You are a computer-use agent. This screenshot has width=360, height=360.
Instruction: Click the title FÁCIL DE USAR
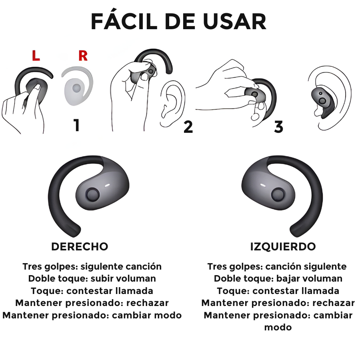[x=178, y=22]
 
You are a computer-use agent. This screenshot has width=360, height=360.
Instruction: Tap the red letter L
[x=36, y=56]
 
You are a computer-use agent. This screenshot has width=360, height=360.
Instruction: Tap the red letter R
[x=83, y=56]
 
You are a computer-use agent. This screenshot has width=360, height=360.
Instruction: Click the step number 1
[x=76, y=125]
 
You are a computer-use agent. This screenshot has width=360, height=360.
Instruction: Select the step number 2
[x=188, y=127]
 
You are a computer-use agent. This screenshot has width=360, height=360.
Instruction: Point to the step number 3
[x=278, y=127]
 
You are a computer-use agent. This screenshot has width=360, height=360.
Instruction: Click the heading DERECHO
[x=80, y=246]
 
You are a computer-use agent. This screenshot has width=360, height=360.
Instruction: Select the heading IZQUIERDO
[x=283, y=246]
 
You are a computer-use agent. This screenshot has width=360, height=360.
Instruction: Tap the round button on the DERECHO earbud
[x=93, y=195]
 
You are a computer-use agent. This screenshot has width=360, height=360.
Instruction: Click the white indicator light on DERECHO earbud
[x=108, y=186]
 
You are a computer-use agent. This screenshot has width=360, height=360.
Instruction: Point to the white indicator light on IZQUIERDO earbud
[x=263, y=186]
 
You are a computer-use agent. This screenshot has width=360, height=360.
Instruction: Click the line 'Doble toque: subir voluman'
[x=92, y=278]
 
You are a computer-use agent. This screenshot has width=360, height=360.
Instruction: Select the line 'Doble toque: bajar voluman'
[x=278, y=278]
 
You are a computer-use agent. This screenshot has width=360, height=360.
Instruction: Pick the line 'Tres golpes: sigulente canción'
[x=92, y=266]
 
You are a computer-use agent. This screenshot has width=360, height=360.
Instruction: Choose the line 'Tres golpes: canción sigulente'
[x=277, y=266]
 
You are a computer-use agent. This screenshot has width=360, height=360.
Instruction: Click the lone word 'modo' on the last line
[x=278, y=327]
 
